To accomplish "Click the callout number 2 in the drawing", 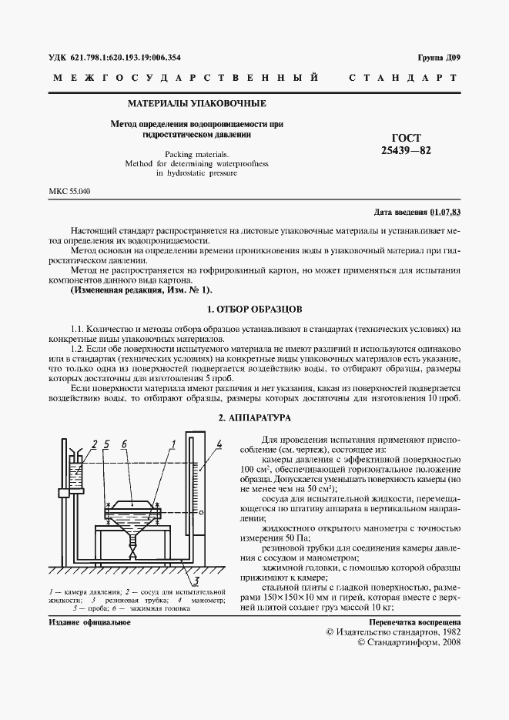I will pyautogui.click(x=95, y=444).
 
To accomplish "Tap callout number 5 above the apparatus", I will pyautogui.click(x=106, y=444).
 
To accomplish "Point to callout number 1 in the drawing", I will pyautogui.click(x=174, y=444).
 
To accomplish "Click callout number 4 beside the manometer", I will pyautogui.click(x=219, y=444).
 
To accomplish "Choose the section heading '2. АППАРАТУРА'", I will pyautogui.click(x=254, y=417).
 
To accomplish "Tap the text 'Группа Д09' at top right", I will pyautogui.click(x=439, y=58).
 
